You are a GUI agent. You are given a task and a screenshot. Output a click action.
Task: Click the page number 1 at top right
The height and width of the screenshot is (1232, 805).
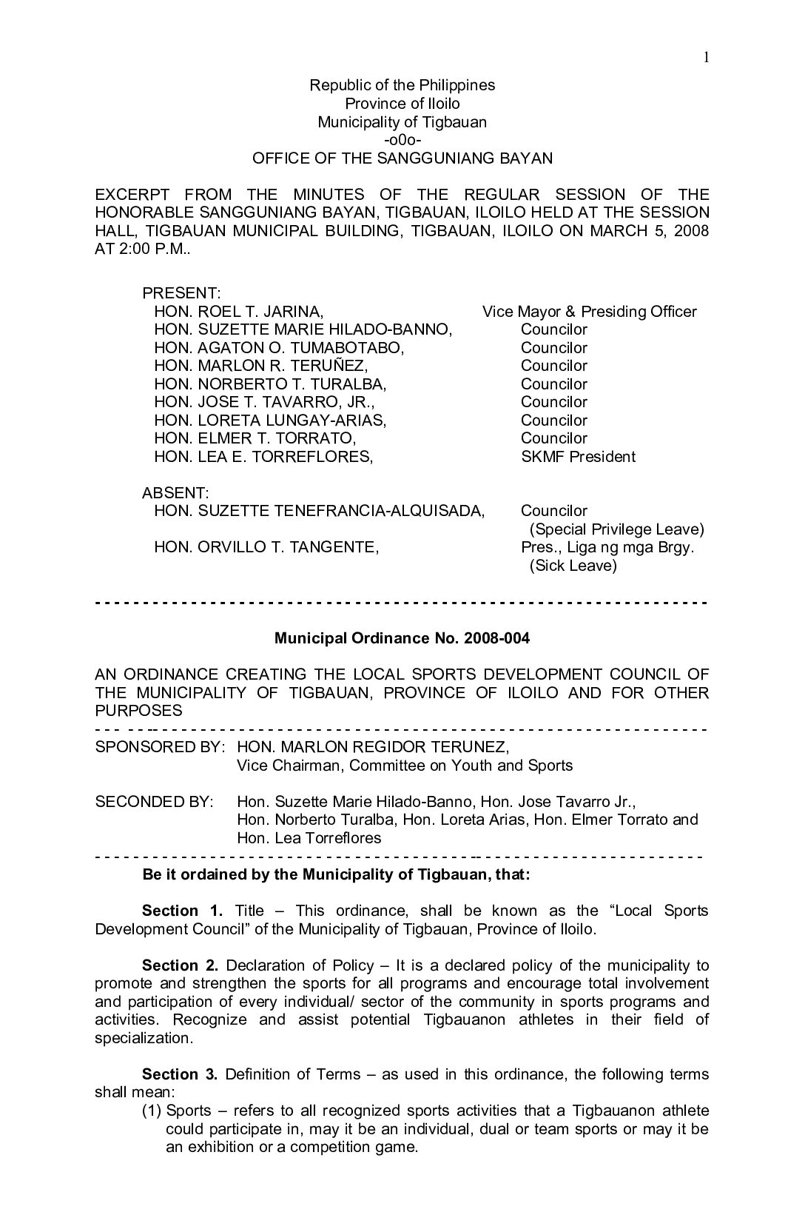click(x=706, y=58)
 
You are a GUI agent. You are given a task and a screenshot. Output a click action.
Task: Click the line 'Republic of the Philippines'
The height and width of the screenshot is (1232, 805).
click(x=402, y=85)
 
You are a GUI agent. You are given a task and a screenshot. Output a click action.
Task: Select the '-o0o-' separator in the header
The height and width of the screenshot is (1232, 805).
click(x=402, y=140)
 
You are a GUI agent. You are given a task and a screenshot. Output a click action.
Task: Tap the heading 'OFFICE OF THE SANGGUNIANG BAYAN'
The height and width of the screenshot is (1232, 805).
click(x=402, y=158)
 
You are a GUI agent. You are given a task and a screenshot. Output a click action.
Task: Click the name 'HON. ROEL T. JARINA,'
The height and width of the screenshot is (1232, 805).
click(x=239, y=312)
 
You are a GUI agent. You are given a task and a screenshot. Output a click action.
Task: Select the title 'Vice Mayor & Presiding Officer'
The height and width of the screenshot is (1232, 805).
click(x=589, y=312)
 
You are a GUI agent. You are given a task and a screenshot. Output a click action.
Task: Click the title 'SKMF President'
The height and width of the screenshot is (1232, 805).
click(x=578, y=457)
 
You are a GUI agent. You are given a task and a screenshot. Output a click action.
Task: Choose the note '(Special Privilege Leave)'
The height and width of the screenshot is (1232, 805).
click(x=616, y=529)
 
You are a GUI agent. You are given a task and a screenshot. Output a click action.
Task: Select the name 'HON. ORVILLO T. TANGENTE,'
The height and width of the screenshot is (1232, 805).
click(x=266, y=548)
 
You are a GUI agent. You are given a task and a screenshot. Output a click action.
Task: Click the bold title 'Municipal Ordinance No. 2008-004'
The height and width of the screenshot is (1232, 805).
click(x=402, y=638)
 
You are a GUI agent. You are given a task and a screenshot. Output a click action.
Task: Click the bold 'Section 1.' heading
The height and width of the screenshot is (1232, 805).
click(x=182, y=911)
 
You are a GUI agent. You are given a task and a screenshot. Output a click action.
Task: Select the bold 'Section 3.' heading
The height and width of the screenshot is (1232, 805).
click(x=180, y=1074)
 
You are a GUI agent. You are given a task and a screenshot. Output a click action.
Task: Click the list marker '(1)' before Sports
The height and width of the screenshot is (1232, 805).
click(x=152, y=1111)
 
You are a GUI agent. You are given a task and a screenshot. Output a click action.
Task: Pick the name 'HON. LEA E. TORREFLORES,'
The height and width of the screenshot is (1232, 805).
click(x=263, y=457)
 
